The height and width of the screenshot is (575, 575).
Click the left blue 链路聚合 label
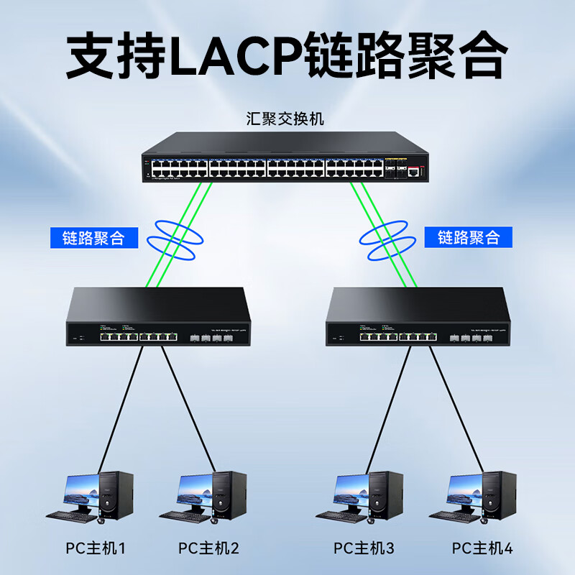(93, 238)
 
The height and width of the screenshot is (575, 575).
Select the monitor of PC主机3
(351, 490)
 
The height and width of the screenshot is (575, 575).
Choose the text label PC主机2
(208, 549)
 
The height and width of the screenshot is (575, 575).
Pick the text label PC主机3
(364, 549)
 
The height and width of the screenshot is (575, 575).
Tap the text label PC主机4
(482, 549)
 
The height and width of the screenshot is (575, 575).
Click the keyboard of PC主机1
(70, 515)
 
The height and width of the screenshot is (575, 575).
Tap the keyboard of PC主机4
(454, 515)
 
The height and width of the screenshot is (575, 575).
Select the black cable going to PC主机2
(190, 410)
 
